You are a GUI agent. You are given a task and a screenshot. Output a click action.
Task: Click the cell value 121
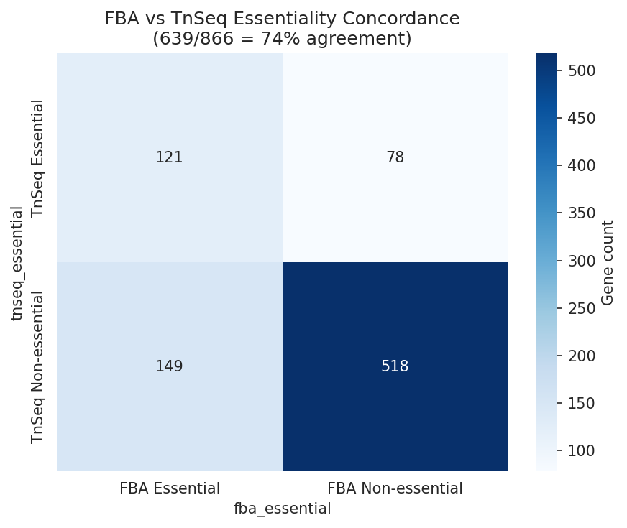(x=169, y=157)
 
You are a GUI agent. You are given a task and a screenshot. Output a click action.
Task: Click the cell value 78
(x=395, y=157)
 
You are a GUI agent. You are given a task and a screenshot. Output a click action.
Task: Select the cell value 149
(x=169, y=366)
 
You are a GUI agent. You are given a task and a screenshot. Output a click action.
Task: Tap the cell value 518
(x=395, y=366)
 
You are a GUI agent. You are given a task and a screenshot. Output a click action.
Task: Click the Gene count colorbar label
(x=608, y=262)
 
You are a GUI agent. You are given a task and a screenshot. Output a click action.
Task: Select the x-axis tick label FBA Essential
(x=169, y=488)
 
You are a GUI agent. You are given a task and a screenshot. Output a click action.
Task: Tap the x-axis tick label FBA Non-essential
(x=395, y=488)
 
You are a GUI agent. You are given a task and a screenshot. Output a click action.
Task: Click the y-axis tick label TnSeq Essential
(x=38, y=157)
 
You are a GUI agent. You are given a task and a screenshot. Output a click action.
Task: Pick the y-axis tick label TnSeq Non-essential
(x=38, y=366)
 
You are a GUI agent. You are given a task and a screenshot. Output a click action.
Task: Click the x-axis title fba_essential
(x=282, y=509)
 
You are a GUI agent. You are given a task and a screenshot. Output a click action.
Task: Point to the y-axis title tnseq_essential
(x=17, y=262)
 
